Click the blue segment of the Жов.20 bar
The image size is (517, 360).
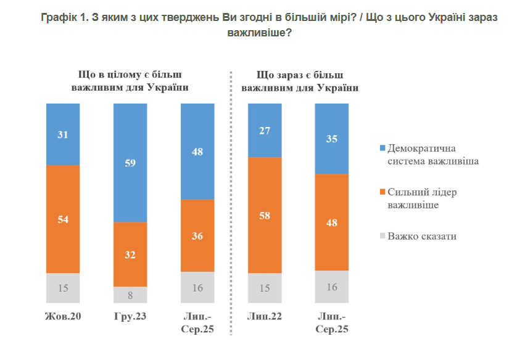63,134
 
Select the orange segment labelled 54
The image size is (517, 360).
63,219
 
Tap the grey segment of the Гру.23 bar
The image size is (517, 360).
130,295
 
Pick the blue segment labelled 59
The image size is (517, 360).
130,163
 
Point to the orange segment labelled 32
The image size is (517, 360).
130,254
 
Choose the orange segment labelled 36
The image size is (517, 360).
197,235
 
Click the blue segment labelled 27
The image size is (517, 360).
265,130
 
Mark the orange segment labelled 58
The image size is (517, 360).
265,215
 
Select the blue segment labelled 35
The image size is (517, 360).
332,138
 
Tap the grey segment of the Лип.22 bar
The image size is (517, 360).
265,288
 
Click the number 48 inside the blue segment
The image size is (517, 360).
197,151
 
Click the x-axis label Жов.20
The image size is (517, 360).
63,317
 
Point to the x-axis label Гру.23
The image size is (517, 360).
130,317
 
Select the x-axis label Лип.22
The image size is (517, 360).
264,317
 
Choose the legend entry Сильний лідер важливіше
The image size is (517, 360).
422,198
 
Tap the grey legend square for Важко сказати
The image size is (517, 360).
382,235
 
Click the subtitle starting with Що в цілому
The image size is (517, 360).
130,81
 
